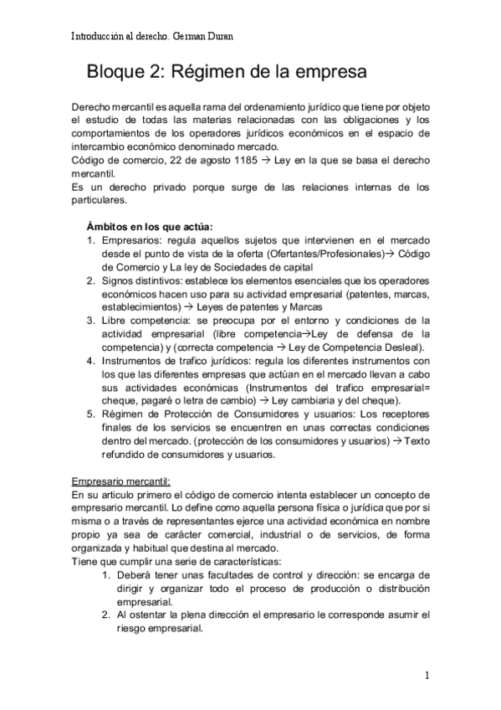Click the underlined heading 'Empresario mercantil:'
[121, 481]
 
